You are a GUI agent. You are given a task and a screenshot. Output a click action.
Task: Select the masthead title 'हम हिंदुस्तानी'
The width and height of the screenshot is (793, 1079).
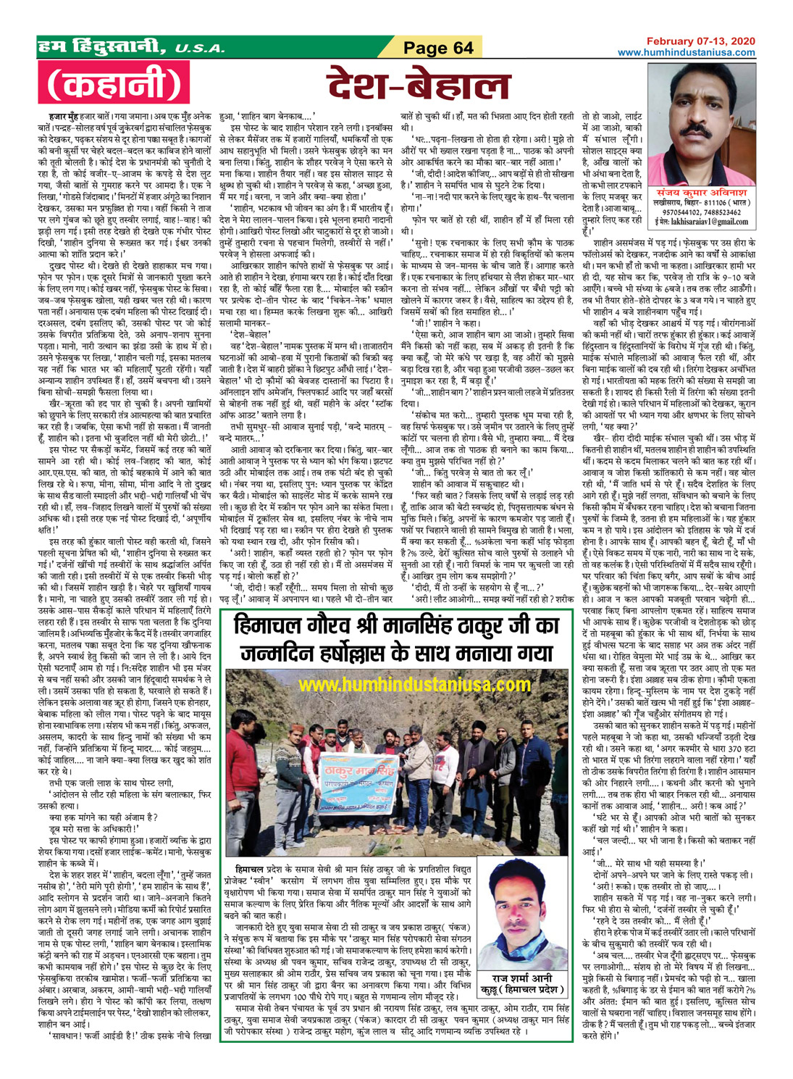point(104,48)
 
